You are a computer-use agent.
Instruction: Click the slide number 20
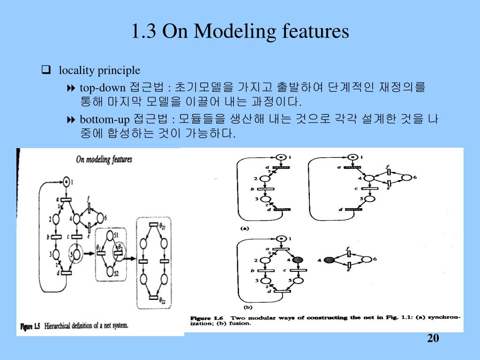(x=433, y=338)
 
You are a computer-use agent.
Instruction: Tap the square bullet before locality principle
(x=46, y=71)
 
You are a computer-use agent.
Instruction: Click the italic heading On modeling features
(x=104, y=159)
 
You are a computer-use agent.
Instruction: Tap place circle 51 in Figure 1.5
(x=110, y=235)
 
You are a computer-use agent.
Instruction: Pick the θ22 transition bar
(x=153, y=297)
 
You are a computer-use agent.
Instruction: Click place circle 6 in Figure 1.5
(x=100, y=218)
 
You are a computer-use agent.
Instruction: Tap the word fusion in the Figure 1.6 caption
(x=242, y=323)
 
